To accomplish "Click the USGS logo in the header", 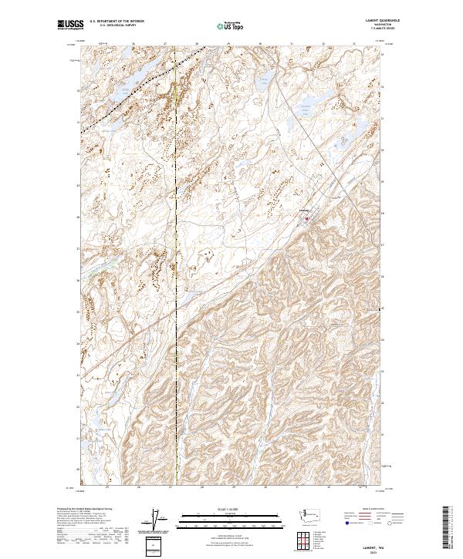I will tap(70, 25).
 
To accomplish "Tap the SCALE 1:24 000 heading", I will tap(230, 509).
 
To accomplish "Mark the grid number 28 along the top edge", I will tap(196, 45).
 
